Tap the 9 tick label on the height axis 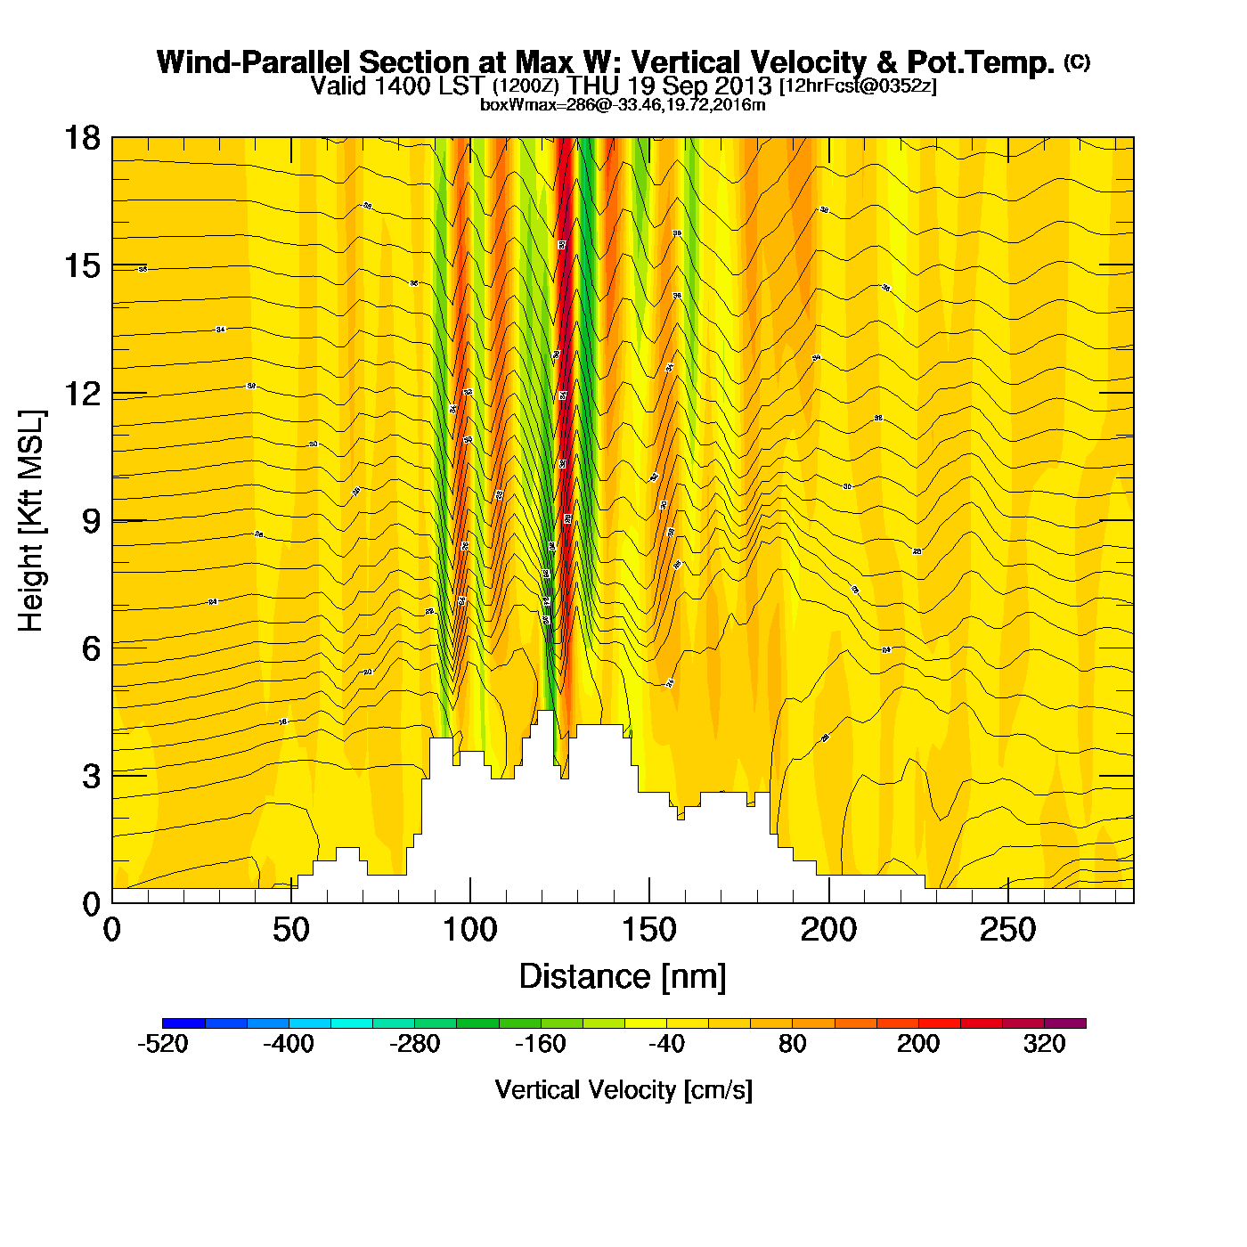pos(91,521)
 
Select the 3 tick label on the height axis pos(91,777)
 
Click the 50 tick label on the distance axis pos(290,931)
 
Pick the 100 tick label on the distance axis pos(469,931)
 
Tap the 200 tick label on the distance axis pos(828,931)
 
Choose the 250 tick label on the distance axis pos(1007,931)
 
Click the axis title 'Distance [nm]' pos(623,977)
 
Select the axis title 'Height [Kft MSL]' pos(31,521)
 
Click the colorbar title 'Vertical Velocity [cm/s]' pos(623,1090)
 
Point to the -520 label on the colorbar pos(163,1044)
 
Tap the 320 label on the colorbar pos(1044,1044)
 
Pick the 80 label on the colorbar pos(792,1044)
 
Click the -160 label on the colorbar pos(541,1044)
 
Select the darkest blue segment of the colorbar pos(183,1023)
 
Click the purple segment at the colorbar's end pos(1064,1023)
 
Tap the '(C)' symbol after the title pos(1077,61)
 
